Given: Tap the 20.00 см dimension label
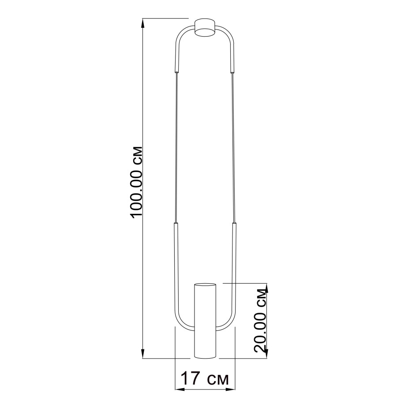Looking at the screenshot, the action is coord(261,320).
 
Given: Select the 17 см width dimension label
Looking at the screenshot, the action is coord(205,378).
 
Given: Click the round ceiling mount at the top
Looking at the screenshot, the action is coord(205,28).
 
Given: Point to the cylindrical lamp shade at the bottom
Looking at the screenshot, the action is coord(205,321).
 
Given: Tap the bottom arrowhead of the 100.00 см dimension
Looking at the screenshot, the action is coord(143,354).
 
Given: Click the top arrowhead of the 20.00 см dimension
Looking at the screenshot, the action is coord(266,288).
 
